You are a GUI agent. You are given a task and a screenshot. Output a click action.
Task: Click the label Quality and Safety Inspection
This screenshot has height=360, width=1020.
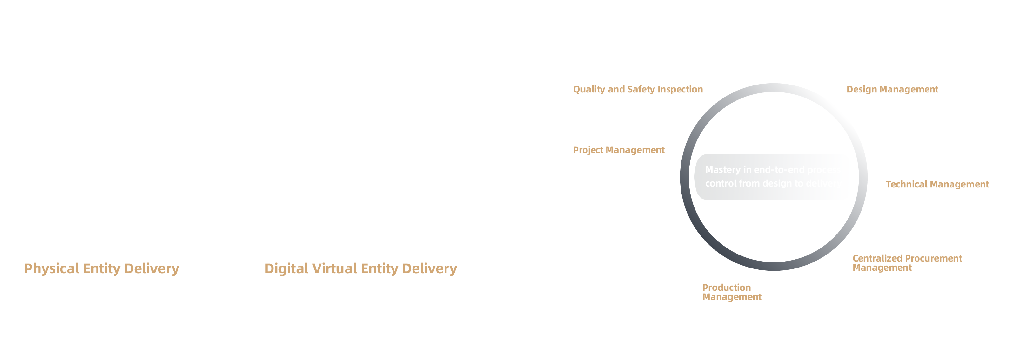[x=638, y=90]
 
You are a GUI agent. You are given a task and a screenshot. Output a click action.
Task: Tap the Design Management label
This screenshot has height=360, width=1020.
[x=892, y=90]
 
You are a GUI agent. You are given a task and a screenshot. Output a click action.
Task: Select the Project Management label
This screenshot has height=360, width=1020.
[x=619, y=150]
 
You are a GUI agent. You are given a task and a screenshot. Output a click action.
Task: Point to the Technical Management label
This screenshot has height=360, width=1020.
[x=937, y=184]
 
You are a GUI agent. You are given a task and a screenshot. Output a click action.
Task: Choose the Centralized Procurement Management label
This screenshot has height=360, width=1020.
[x=907, y=263]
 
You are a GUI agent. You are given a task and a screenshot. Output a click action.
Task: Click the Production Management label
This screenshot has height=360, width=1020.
[x=732, y=292]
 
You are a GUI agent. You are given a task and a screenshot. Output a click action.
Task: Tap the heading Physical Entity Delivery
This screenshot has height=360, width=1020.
[x=101, y=268]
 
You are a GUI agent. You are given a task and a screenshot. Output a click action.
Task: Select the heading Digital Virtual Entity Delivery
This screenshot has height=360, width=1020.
[x=361, y=268]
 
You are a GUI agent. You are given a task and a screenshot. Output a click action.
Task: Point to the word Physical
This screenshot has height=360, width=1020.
[x=51, y=268]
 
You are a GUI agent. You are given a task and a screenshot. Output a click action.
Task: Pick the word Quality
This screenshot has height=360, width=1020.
[x=589, y=90]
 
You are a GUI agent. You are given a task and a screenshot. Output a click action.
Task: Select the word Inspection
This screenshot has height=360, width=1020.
[x=680, y=90]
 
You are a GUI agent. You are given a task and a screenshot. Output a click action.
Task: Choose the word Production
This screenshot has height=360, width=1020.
[x=727, y=288]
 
